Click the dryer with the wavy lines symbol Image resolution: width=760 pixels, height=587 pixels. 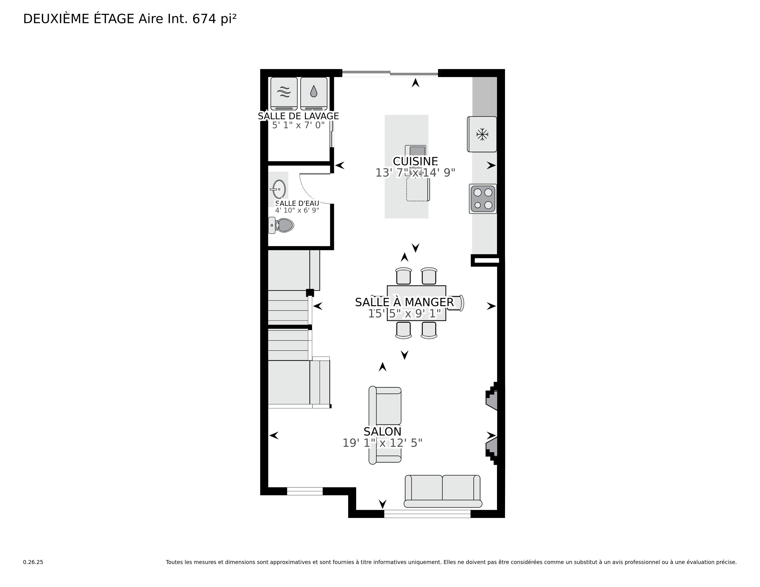coord(284,93)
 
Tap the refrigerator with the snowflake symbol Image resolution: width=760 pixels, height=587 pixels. coord(482,134)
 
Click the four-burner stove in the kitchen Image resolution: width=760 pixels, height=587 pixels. coord(483,199)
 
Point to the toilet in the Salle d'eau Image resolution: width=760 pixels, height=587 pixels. coord(281,225)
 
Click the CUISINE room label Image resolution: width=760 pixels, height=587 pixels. coord(415,161)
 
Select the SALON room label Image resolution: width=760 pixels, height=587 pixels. coord(383,432)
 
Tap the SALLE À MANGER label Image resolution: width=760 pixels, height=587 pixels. coord(404,302)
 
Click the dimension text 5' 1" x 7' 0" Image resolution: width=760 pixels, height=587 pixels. coord(298,125)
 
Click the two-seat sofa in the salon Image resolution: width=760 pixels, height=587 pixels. coord(443,491)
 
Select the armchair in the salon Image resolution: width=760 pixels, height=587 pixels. coord(385,425)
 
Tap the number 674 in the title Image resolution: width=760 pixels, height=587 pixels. coord(205,19)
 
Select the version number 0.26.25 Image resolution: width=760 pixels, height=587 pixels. coord(33,562)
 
